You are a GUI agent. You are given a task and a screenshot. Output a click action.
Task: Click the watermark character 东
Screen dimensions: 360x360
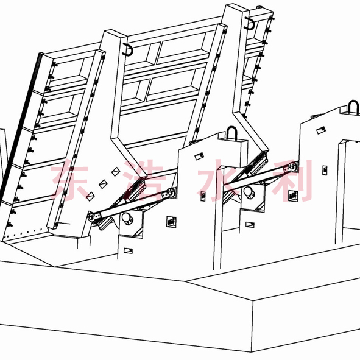(69, 180)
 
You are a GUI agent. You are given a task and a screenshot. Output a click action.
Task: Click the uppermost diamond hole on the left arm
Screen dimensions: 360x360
(116, 172)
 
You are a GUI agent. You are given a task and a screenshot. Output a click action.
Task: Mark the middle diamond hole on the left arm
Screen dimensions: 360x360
(103, 184)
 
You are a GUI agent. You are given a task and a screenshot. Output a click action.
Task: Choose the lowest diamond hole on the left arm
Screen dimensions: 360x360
(91, 197)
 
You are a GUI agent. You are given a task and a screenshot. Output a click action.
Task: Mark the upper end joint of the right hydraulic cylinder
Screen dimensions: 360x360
(292, 167)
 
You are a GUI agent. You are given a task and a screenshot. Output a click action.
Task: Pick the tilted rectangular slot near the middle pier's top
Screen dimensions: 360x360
(199, 157)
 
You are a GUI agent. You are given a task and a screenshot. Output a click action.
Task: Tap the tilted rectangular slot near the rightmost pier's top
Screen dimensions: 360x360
(321, 130)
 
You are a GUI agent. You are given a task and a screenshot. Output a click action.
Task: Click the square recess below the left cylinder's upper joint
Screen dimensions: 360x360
(171, 222)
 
